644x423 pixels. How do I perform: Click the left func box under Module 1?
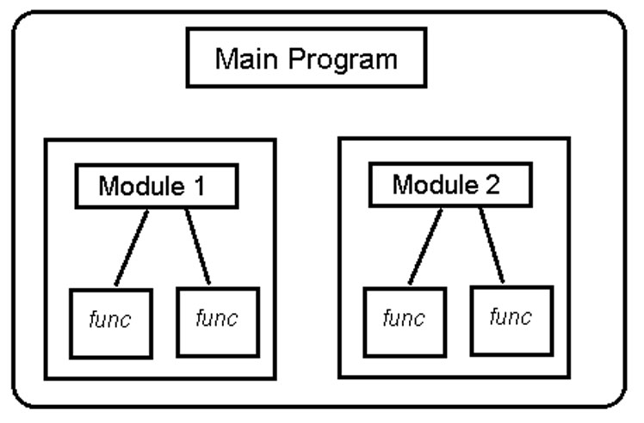point(111,322)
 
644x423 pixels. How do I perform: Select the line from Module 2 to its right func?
point(492,245)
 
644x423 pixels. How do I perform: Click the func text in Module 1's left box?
point(111,322)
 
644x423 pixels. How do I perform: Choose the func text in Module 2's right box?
point(510,318)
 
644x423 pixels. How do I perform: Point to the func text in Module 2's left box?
point(404,320)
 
